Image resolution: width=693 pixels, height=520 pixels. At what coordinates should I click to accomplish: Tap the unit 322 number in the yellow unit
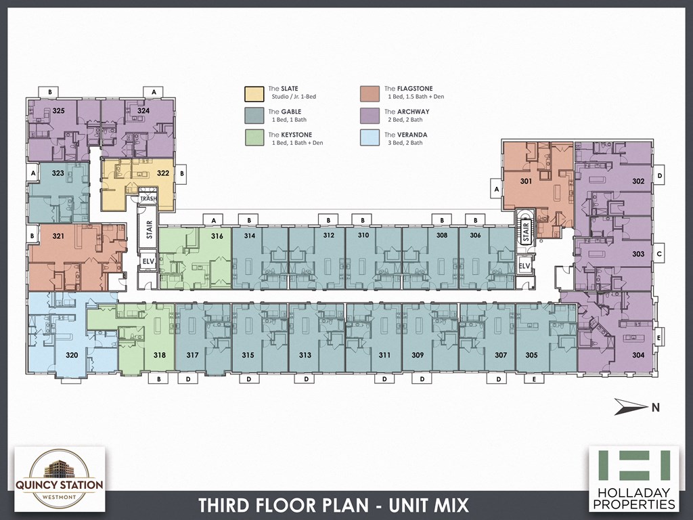coord(163,173)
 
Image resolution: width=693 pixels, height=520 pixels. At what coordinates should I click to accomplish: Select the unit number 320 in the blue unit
coord(71,355)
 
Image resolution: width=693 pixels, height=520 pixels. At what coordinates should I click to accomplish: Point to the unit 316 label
coord(217,236)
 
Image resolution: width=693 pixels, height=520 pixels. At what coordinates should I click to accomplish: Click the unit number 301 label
coord(526,181)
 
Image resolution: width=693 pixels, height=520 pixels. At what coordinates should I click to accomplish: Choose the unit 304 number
coord(638,355)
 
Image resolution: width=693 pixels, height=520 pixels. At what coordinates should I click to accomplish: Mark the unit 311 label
coord(384,355)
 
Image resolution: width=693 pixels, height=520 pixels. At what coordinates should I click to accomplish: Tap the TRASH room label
coord(148,199)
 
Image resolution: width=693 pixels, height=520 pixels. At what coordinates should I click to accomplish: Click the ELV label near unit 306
coord(524,267)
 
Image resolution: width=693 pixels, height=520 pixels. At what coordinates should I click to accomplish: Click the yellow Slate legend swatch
coord(254,92)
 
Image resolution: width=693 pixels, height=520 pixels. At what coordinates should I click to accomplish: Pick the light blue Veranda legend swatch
coord(370,138)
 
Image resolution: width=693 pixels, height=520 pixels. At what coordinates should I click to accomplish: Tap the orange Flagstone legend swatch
coord(370,92)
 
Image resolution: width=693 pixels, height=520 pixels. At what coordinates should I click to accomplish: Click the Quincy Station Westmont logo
coord(60,478)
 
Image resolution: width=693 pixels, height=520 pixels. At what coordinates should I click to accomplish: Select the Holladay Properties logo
coord(633,478)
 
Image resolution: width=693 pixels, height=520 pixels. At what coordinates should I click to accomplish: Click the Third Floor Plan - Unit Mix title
coord(333,505)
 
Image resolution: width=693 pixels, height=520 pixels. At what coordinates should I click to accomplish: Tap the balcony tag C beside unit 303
coord(659,254)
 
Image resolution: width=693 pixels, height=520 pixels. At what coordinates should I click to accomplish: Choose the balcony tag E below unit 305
coord(534,379)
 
